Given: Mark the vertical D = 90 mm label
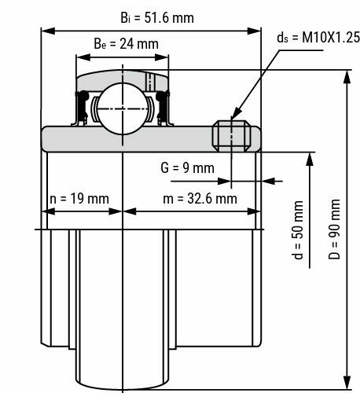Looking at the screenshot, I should (x=336, y=224).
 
